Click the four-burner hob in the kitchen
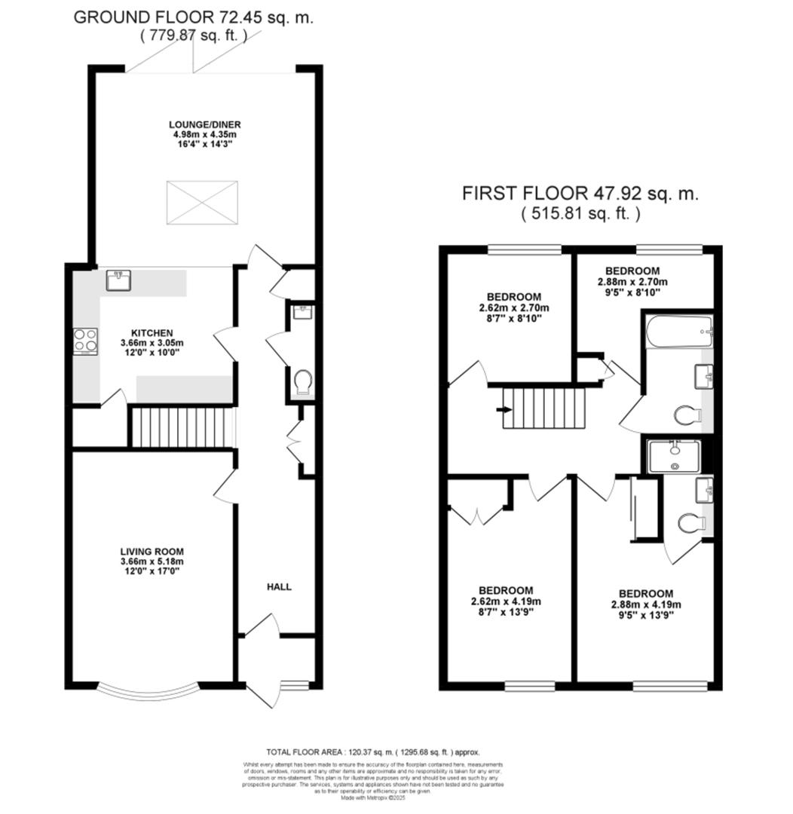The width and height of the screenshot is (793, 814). [85, 341]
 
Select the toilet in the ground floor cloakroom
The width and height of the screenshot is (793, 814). [303, 383]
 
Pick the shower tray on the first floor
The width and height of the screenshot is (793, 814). [674, 456]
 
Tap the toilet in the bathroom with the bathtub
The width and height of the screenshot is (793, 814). [687, 415]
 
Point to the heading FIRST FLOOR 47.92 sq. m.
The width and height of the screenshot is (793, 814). [580, 194]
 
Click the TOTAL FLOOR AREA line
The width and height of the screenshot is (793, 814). [372, 752]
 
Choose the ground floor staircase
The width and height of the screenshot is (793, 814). [182, 427]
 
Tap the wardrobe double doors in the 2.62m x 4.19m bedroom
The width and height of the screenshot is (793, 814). [477, 516]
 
